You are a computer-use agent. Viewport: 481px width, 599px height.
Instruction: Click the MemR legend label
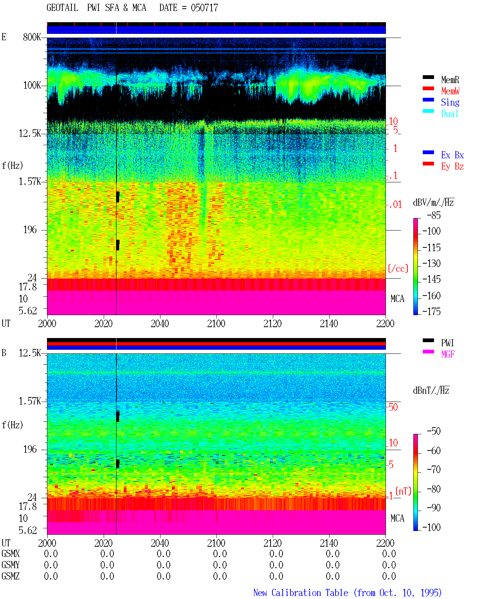click(450, 80)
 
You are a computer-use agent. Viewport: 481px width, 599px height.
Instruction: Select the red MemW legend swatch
click(428, 88)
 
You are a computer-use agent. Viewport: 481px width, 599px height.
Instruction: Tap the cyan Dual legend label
click(449, 114)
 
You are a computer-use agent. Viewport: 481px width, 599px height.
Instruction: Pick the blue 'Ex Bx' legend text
click(452, 155)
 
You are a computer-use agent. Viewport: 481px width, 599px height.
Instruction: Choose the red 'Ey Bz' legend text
click(452, 166)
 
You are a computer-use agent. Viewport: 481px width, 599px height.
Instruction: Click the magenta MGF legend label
click(448, 354)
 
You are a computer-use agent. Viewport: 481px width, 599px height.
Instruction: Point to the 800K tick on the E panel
click(32, 37)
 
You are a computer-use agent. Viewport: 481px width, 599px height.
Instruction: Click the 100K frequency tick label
click(32, 85)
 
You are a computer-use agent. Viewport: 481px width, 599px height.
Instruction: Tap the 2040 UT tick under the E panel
click(160, 323)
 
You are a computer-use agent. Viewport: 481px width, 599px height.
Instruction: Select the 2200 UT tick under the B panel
click(385, 543)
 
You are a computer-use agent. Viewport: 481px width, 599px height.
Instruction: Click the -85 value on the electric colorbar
click(434, 215)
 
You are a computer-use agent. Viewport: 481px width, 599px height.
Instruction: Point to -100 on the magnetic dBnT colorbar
click(431, 527)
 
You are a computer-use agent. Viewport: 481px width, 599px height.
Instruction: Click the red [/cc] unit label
click(398, 268)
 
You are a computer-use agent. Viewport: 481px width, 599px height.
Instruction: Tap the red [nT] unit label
click(403, 491)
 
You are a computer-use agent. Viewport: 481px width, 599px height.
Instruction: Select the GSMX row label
click(11, 554)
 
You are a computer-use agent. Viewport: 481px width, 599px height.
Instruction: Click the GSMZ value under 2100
click(220, 576)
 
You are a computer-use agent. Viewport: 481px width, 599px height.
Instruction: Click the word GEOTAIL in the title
click(62, 8)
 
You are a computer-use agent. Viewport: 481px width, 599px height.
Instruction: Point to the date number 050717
click(204, 8)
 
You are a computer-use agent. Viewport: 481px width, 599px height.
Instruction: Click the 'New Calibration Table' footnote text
click(301, 593)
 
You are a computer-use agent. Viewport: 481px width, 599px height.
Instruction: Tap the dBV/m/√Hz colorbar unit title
click(433, 202)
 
